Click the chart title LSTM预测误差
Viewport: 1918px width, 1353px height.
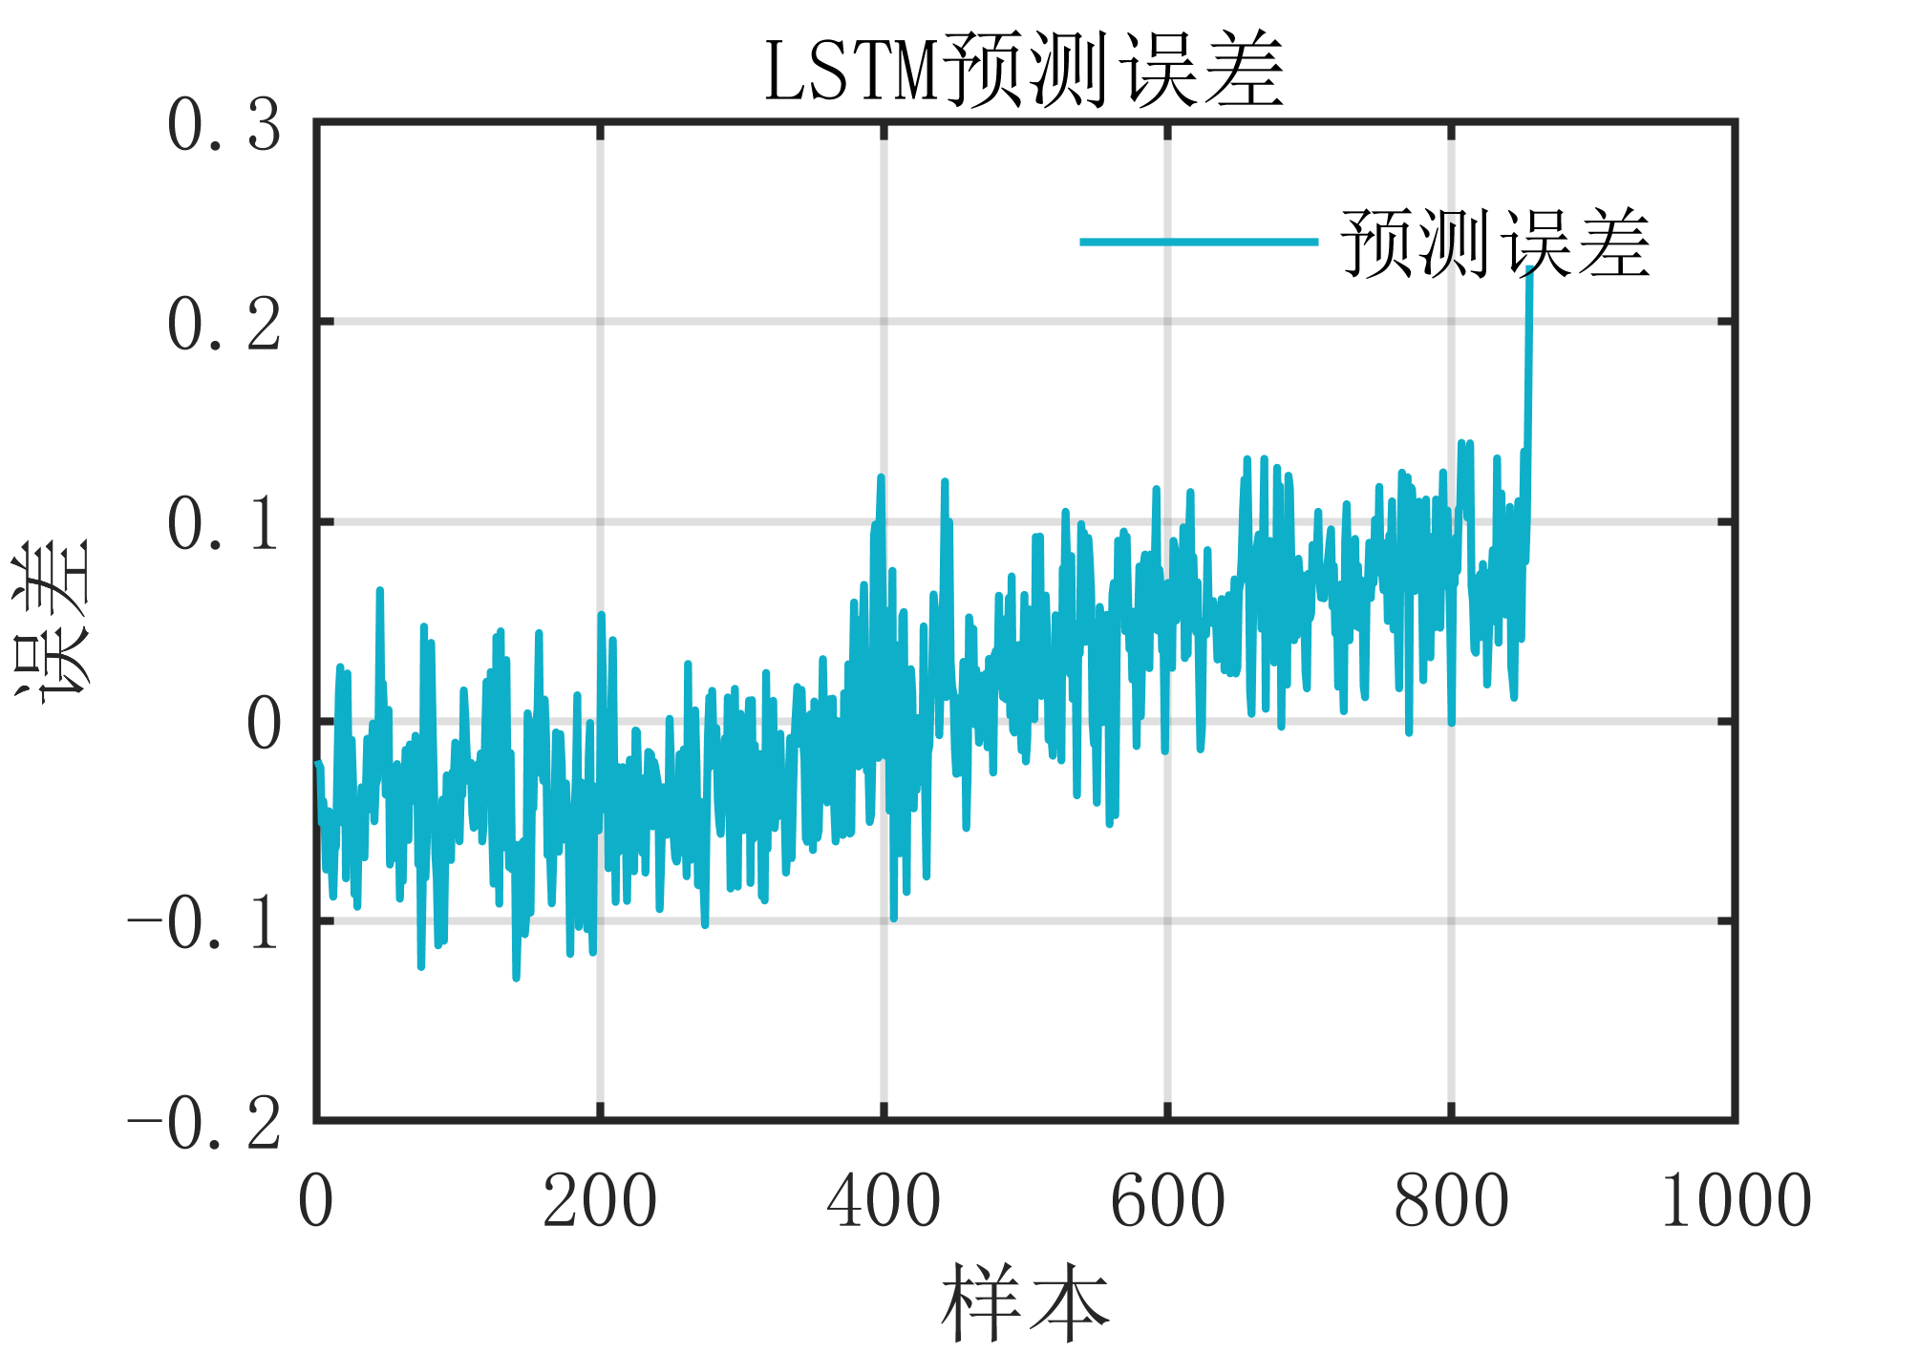[x=1024, y=71]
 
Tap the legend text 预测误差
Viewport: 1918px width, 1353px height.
[x=1496, y=244]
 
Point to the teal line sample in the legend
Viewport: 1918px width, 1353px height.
[x=1198, y=243]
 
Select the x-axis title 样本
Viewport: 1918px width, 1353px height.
[x=1025, y=1302]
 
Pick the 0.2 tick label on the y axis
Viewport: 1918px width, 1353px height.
[x=224, y=326]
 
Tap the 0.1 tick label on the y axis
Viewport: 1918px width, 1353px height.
[x=224, y=525]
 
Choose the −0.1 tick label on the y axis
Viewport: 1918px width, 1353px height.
[x=204, y=924]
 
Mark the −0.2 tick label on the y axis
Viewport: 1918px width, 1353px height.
[x=204, y=1124]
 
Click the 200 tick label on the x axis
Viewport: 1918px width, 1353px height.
[x=600, y=1201]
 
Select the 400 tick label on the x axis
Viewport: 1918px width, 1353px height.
[x=884, y=1201]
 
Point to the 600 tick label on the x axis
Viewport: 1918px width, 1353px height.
[x=1167, y=1201]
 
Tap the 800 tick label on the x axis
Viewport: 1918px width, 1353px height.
[x=1451, y=1201]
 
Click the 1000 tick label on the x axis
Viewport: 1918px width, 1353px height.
[x=1736, y=1201]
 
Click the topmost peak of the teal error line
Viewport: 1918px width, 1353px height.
[x=1530, y=272]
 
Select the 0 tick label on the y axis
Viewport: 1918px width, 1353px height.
[x=265, y=725]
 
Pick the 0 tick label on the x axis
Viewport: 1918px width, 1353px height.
[x=316, y=1201]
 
